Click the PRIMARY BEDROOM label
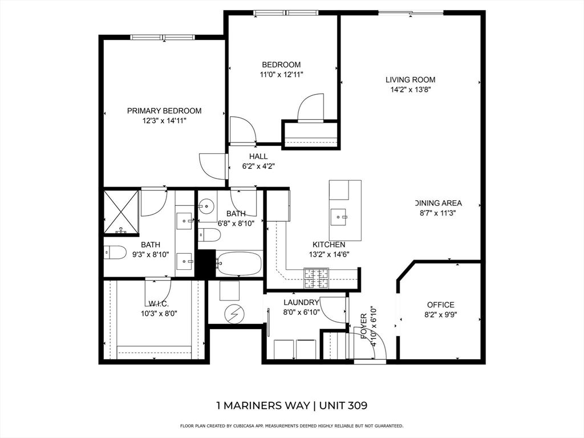(x=164, y=111)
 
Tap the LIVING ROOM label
(x=411, y=80)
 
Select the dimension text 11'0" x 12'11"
(x=282, y=75)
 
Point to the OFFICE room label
(x=441, y=305)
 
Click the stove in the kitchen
(x=317, y=278)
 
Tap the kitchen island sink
(x=339, y=217)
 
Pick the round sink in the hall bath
(x=205, y=205)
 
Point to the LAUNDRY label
(x=301, y=302)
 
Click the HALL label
(x=258, y=156)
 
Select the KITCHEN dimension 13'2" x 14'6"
(x=329, y=255)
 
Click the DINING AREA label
(x=439, y=203)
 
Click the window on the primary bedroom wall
(x=163, y=37)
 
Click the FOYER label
(x=364, y=326)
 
